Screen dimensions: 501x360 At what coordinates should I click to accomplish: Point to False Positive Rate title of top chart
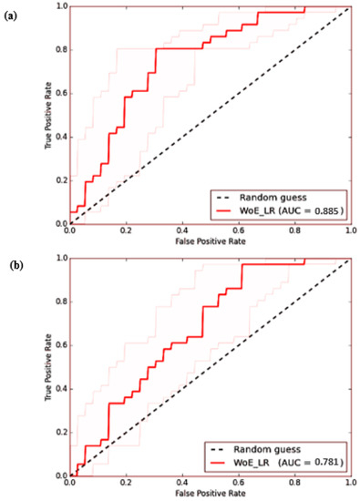(x=209, y=241)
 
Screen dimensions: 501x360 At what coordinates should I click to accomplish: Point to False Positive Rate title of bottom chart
(x=209, y=493)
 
